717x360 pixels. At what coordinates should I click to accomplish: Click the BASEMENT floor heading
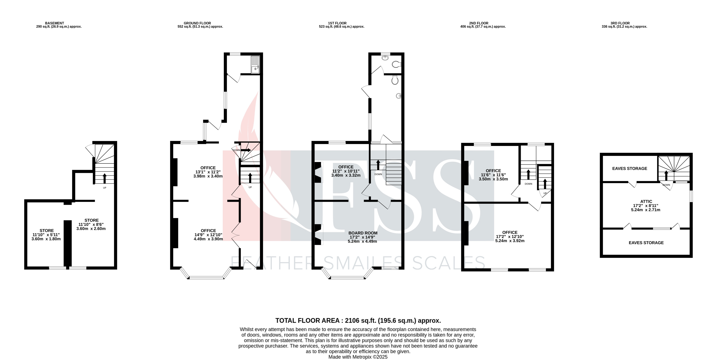[55, 23]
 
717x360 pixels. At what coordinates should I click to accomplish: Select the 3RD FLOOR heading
[620, 23]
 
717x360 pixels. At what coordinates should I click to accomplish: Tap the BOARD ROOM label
[363, 233]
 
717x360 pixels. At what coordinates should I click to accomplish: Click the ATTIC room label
[646, 201]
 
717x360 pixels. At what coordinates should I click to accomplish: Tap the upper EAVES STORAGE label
[629, 168]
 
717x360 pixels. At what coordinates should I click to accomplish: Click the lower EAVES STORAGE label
[646, 243]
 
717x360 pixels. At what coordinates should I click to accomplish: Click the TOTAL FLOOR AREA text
[358, 320]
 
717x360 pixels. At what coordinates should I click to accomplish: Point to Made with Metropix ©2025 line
[358, 357]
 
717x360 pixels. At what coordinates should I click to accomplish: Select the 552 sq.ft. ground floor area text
[200, 27]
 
